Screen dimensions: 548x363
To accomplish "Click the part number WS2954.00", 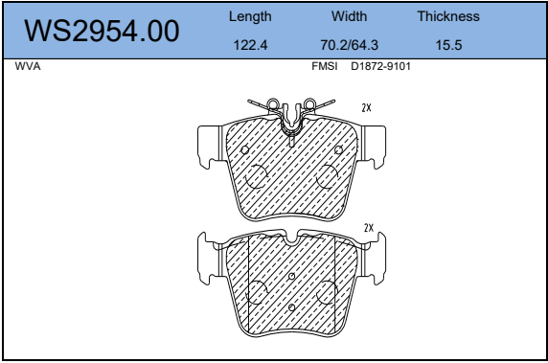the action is point(102,31).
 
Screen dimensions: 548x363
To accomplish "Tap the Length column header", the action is point(250,17).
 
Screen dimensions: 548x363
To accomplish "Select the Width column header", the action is point(349,16).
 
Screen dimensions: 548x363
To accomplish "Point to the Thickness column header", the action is point(448,16).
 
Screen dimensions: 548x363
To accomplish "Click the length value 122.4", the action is point(250,45).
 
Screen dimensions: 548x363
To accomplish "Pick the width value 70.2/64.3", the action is point(349,45).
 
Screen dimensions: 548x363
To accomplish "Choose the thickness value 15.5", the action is point(448,45).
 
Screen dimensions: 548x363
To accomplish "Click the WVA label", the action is point(28,66).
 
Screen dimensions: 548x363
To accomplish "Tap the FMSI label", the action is point(325,66).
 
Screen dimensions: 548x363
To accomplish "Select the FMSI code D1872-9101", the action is point(380,66).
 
